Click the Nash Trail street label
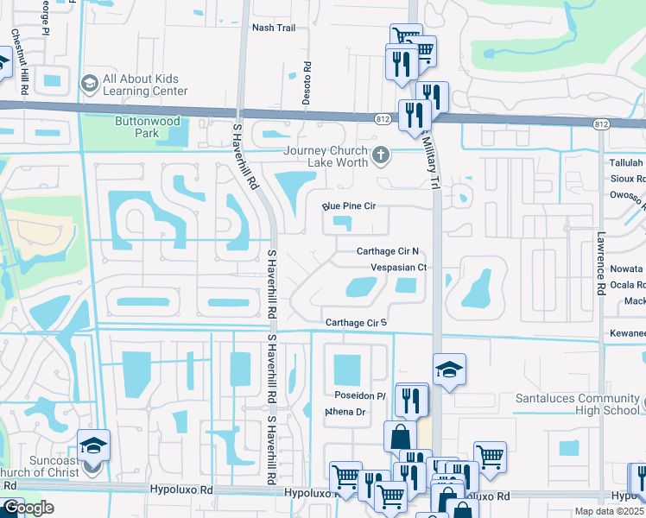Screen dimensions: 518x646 coord(273,28)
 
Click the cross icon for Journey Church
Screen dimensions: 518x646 coord(381,156)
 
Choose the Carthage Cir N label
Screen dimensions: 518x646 coord(388,251)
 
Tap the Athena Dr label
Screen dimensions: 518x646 coord(346,412)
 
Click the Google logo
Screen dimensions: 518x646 coord(28,508)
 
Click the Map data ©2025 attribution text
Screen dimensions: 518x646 coord(609,511)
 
